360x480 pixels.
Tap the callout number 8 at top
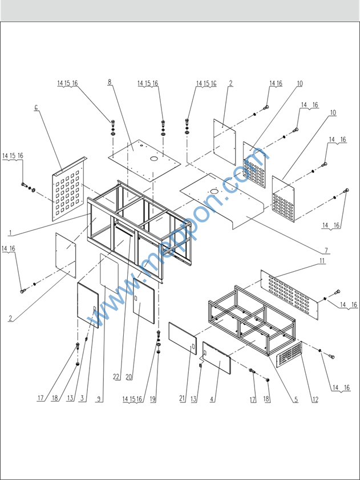(x=110, y=82)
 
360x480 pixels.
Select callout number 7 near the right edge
(x=326, y=250)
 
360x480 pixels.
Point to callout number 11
(x=322, y=261)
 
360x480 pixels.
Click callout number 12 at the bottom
(x=315, y=399)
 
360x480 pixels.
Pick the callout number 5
(x=296, y=399)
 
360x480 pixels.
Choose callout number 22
(x=116, y=377)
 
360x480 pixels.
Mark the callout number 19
(x=152, y=399)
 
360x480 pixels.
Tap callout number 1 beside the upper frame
(x=10, y=233)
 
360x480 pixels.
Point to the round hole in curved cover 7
(x=215, y=191)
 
